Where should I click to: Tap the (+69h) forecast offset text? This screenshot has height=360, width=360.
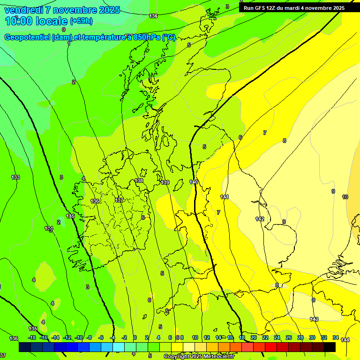(81, 21)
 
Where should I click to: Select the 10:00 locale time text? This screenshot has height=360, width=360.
(36, 21)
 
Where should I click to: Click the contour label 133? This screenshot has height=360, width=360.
(15, 177)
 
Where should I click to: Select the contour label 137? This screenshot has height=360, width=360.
(119, 200)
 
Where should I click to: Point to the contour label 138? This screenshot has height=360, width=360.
(139, 180)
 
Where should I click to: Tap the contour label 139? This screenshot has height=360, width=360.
(165, 182)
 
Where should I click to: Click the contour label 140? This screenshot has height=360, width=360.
(194, 182)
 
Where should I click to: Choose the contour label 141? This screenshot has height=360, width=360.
(224, 197)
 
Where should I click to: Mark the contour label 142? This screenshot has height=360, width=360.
(260, 219)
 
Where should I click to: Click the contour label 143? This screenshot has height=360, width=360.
(314, 319)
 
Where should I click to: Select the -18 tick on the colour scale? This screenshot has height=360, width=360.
(32, 337)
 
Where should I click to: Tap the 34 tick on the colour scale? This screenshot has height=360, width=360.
(336, 337)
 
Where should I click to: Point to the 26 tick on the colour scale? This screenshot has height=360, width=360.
(289, 337)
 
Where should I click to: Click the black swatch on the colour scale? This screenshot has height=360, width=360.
(330, 347)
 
